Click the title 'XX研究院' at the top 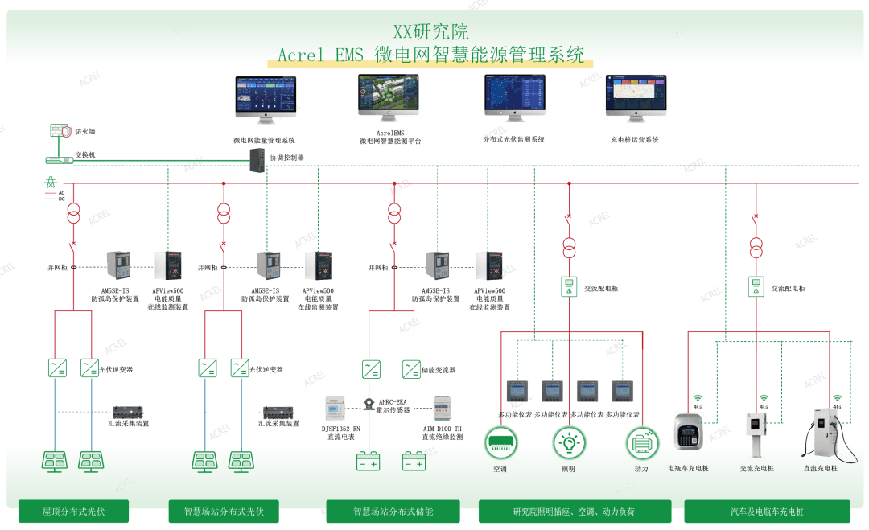tap(430, 32)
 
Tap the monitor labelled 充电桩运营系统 tap(635, 99)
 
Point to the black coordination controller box tap(257, 162)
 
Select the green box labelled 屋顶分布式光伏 tap(74, 511)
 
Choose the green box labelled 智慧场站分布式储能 tap(392, 511)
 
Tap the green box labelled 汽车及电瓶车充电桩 tap(767, 511)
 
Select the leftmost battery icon tap(369, 462)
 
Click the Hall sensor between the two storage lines tap(369, 401)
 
